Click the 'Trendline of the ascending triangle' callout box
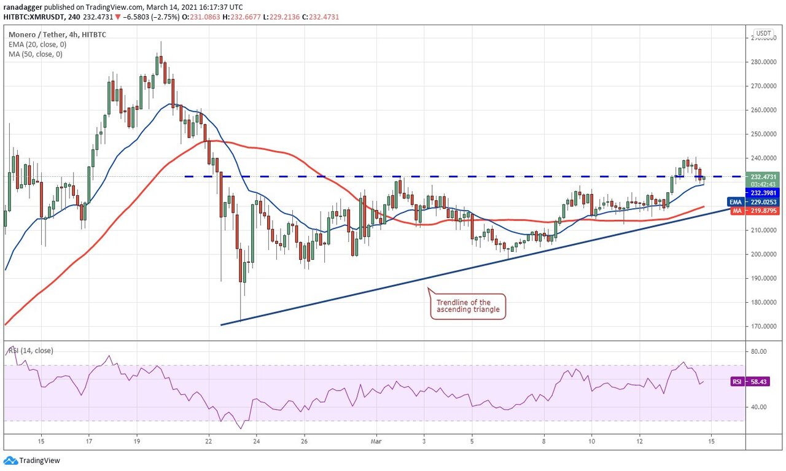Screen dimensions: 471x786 [x=467, y=306]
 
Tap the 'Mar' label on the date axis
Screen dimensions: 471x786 [x=376, y=441]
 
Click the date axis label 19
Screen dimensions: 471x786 [x=137, y=441]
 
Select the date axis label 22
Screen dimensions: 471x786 [x=209, y=441]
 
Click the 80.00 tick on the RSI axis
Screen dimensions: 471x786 [x=759, y=352]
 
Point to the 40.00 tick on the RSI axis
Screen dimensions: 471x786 [x=759, y=407]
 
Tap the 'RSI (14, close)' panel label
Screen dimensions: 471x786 [x=31, y=351]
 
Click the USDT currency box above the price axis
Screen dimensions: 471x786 [x=763, y=33]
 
